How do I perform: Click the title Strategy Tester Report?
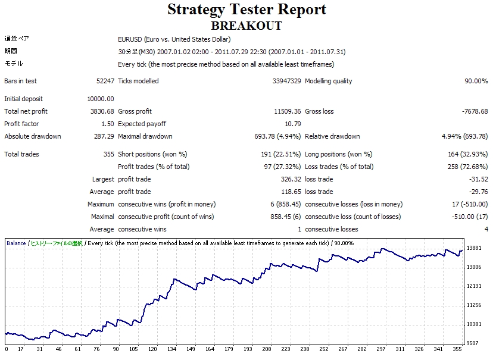point(246,10)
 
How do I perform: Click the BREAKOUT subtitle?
point(246,26)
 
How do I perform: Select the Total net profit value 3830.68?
point(101,111)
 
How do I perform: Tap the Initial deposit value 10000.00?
point(100,99)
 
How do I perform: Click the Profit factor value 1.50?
point(107,124)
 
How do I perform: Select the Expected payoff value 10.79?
point(293,124)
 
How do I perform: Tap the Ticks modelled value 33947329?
point(286,81)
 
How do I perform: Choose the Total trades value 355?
point(108,154)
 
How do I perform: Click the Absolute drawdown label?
point(33,136)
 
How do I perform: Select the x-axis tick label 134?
point(171,349)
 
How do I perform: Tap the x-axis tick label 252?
point(323,349)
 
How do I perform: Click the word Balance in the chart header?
point(16,243)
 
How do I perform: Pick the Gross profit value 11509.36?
point(287,111)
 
